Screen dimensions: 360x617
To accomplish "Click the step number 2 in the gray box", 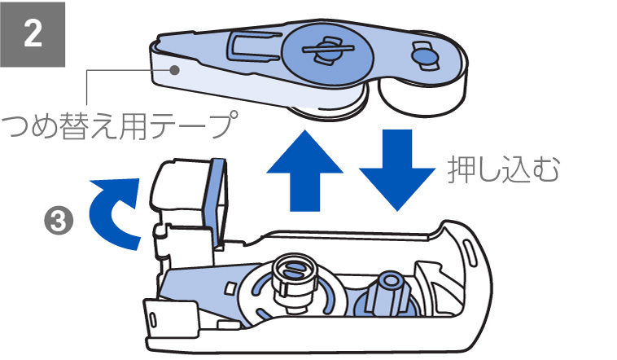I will (x=33, y=33).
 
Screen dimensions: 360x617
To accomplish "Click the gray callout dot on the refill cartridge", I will (x=174, y=70).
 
